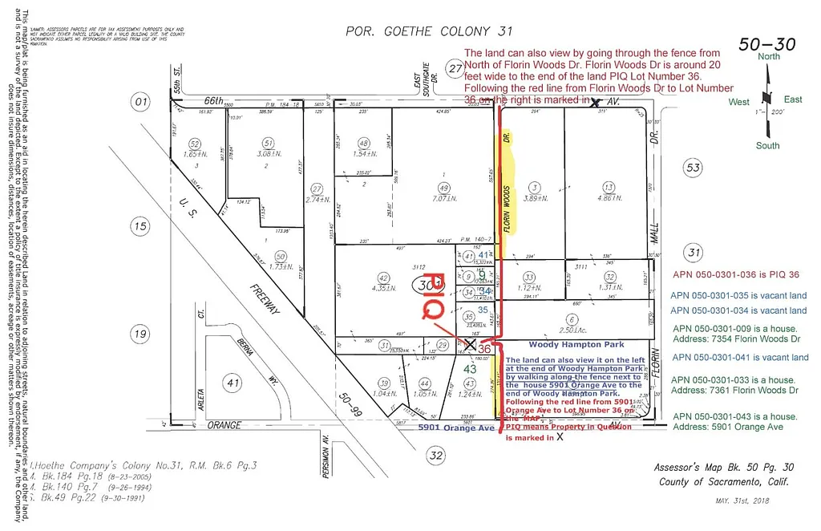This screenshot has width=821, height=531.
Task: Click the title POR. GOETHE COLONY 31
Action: [428, 32]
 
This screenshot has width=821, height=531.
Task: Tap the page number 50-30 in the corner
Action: [766, 44]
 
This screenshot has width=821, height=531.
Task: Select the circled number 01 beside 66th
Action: [142, 102]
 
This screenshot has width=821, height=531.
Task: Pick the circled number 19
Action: [141, 334]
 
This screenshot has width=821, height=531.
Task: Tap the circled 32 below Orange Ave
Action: [435, 456]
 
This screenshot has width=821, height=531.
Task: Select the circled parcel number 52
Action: [193, 144]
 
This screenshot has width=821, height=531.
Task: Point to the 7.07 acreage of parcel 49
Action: [442, 198]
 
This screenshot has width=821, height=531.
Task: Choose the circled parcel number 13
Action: [609, 187]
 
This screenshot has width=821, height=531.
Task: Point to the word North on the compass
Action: [768, 56]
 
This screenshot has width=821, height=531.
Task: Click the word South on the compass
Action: [767, 145]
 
